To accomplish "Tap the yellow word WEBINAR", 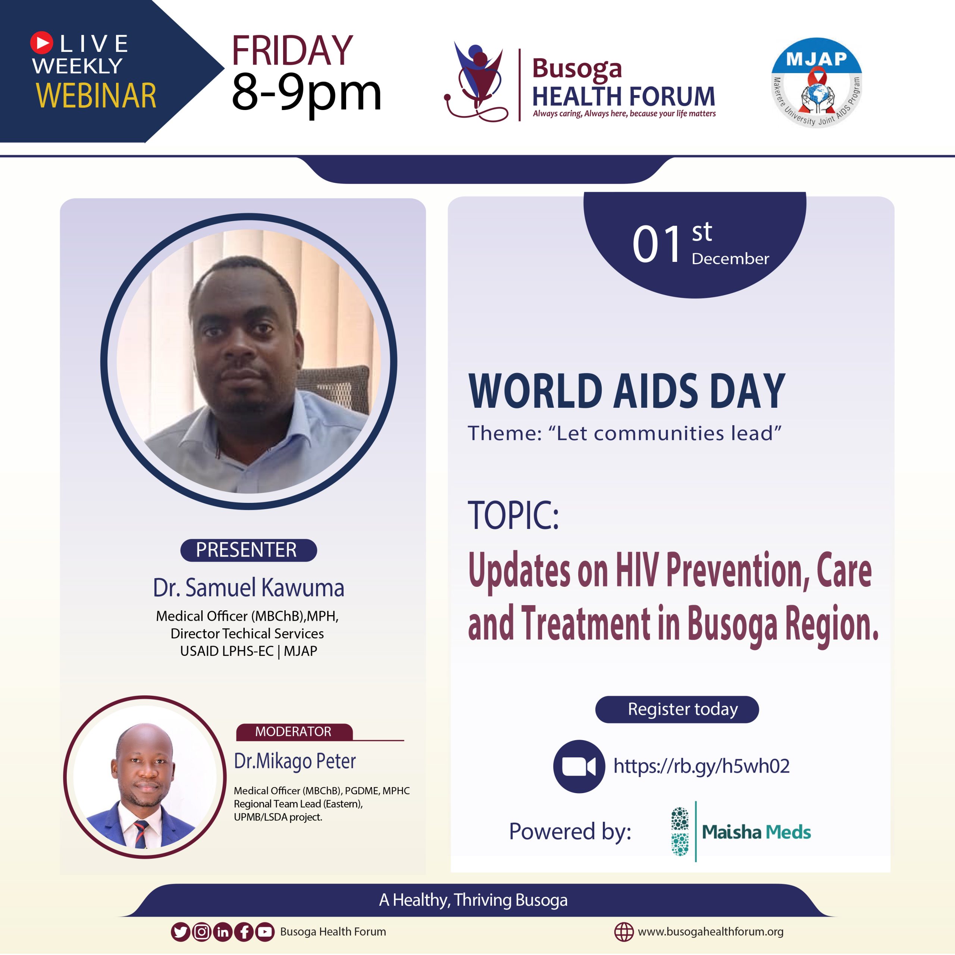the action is coord(96,95).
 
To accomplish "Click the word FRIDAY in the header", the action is coord(292,50).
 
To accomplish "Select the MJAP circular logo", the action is coord(817,82).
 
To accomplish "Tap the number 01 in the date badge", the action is coord(657,244).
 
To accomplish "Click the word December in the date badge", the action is coord(730,259).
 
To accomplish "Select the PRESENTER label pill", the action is coord(248,550).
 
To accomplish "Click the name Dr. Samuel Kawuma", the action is coord(248,588).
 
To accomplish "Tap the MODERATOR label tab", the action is coord(294,732).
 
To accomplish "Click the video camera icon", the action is coord(579,767).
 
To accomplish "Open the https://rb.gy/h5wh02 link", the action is coord(701,766).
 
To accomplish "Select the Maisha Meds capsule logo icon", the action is coord(680,832).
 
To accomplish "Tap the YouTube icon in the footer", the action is coord(265,932).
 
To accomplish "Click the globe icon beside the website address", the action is coord(624,932).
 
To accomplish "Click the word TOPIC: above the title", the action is coord(513,515).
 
